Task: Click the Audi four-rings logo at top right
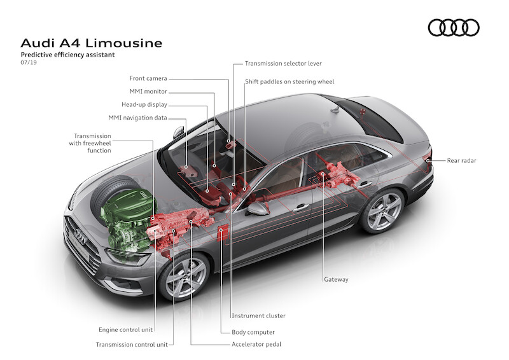(453, 27)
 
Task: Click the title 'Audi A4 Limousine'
(92, 43)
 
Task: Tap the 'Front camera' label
(148, 79)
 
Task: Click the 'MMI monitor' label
(148, 92)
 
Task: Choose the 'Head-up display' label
(144, 105)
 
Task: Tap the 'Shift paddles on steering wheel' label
(289, 82)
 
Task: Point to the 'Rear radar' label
(461, 161)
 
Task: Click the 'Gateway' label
(336, 279)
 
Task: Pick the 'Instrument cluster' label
(258, 315)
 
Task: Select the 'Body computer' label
(253, 332)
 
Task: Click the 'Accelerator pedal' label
(256, 344)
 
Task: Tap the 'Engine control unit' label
(127, 329)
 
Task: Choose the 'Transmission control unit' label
(132, 344)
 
